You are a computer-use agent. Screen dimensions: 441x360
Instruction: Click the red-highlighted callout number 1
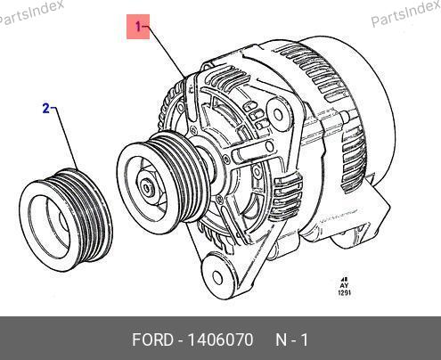pyautogui.click(x=138, y=27)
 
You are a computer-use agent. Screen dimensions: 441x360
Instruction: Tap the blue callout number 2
pyautogui.click(x=45, y=109)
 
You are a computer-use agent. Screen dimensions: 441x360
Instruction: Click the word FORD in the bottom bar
pyautogui.click(x=152, y=340)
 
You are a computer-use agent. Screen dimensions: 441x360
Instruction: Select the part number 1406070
pyautogui.click(x=221, y=340)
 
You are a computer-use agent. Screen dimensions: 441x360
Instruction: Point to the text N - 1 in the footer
pyautogui.click(x=292, y=340)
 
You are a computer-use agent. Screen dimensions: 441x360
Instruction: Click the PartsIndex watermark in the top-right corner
pyautogui.click(x=405, y=13)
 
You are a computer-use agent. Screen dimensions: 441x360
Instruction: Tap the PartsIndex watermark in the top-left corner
pyautogui.click(x=31, y=12)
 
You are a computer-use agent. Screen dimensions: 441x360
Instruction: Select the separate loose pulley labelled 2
pyautogui.click(x=66, y=220)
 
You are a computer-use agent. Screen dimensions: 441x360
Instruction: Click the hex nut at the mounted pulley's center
pyautogui.click(x=148, y=188)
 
